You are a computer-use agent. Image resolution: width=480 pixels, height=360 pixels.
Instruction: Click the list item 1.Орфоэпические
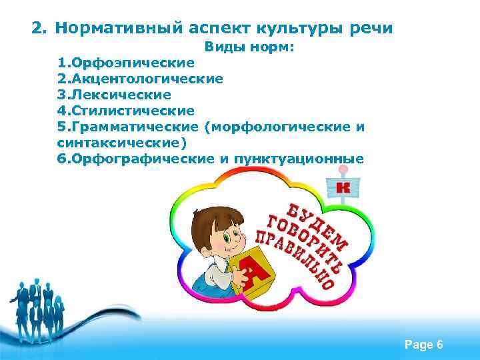[x=127, y=63]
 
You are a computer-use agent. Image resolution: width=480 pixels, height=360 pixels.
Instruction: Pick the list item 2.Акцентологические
[x=141, y=79]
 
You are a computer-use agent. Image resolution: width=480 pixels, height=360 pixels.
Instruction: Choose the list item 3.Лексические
[x=114, y=95]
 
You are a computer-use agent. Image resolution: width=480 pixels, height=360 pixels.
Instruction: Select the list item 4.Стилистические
[x=127, y=111]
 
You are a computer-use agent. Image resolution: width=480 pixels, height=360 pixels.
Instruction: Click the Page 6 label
[x=423, y=345]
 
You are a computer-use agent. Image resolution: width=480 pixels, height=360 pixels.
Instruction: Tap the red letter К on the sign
[x=343, y=187]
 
